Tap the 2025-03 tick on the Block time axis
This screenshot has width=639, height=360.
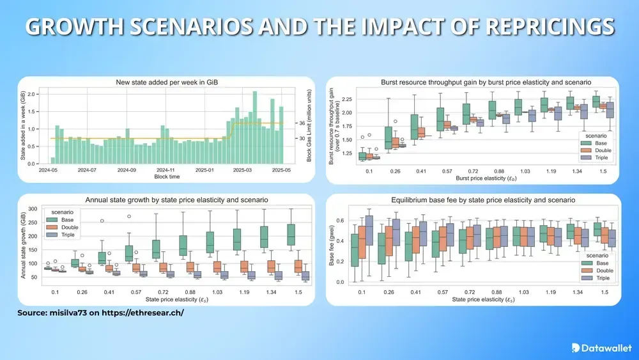pos(243,171)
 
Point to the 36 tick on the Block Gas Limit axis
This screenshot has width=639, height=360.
pos(302,123)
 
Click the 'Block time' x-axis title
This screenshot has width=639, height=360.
pos(166,176)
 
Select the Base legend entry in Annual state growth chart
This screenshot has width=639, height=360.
pos(62,219)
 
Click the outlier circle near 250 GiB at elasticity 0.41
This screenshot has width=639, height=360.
pos(101,221)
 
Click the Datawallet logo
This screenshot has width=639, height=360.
pos(599,347)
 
